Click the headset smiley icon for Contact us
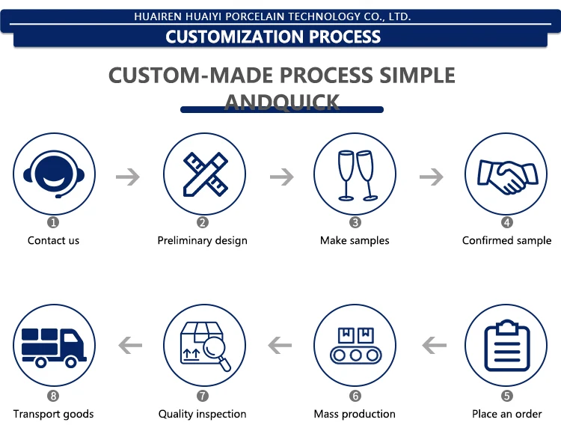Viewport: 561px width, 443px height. point(54,174)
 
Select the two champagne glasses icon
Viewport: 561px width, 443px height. point(355,174)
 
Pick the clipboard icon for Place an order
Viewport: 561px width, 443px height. point(506,346)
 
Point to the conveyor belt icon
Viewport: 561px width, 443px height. point(355,346)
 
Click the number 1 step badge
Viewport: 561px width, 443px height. point(53,222)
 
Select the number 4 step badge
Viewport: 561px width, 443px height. point(506,222)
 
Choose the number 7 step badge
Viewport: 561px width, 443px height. point(203,396)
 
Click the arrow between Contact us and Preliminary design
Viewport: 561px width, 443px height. point(128,177)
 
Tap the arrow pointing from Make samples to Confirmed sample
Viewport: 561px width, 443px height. point(431,177)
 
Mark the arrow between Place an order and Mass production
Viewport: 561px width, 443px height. point(434,346)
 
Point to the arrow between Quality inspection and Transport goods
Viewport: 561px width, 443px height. point(130,346)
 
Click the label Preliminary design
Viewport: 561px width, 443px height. point(202,241)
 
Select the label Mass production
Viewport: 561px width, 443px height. point(355,414)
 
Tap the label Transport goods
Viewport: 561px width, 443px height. point(53,414)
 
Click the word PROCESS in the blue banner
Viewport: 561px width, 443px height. point(335,37)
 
